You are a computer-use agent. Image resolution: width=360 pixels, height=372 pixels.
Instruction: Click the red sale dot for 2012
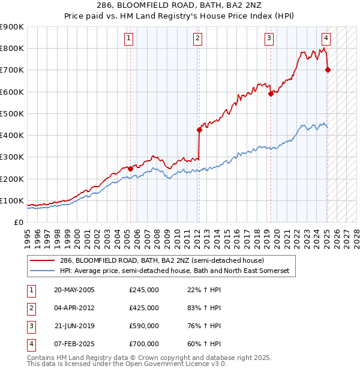pos(199,130)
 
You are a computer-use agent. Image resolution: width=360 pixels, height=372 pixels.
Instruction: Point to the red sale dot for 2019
pos(271,94)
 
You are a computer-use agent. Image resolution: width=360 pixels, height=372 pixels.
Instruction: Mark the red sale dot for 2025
pos(328,70)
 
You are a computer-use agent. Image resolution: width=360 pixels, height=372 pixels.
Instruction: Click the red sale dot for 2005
pos(130,169)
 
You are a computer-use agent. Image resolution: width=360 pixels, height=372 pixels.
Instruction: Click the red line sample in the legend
pos(43,261)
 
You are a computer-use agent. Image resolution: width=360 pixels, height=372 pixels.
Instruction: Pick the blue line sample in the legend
pos(43,271)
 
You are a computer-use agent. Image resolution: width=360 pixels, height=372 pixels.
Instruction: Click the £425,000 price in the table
pos(144,308)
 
